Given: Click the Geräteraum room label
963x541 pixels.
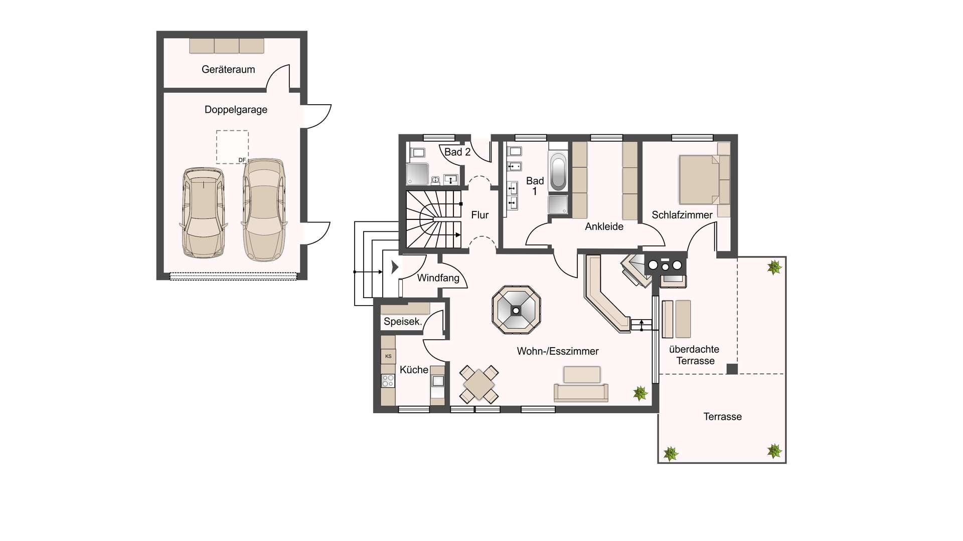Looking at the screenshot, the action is click(228, 70).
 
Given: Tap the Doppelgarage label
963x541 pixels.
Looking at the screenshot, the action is click(236, 110).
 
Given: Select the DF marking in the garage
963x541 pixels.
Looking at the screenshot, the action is click(242, 160).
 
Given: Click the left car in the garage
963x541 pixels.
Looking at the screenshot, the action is click(204, 212).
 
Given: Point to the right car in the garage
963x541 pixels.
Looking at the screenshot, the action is click(264, 210).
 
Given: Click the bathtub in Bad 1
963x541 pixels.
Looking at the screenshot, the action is click(558, 172).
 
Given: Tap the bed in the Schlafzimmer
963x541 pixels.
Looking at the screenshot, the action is click(700, 180).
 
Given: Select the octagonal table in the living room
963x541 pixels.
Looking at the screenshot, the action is click(516, 310).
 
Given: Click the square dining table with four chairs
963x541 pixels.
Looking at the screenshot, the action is click(479, 385).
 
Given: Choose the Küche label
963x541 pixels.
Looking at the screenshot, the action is click(414, 370).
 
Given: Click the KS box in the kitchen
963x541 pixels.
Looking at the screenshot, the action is click(388, 356).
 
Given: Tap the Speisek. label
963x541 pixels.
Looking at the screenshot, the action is click(403, 322).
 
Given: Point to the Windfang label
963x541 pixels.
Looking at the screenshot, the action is click(438, 278).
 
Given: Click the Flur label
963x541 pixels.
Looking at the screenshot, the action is click(480, 215).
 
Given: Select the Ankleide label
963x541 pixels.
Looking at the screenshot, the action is click(604, 226).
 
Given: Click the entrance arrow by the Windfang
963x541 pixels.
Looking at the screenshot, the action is click(395, 267).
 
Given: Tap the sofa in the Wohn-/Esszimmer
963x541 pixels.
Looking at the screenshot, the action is click(581, 392).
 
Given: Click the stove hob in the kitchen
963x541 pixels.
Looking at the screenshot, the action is click(388, 381).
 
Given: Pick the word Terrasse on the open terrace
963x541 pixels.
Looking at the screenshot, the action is click(722, 417).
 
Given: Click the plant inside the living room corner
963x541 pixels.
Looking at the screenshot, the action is click(640, 393).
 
